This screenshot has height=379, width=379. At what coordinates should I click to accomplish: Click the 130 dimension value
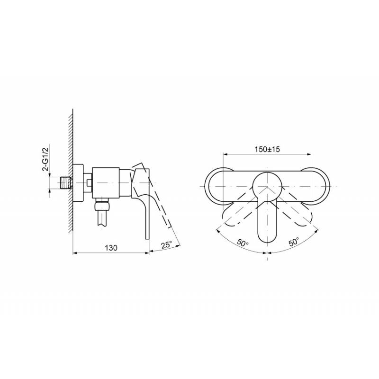111,248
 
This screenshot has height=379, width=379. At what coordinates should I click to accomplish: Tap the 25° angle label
167,245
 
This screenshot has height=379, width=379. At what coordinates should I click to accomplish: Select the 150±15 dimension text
267,149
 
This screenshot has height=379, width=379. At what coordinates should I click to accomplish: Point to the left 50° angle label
243,242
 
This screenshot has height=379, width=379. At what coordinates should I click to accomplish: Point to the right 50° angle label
294,242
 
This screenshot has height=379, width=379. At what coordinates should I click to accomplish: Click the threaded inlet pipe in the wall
66,183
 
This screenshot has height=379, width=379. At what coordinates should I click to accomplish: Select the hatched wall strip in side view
70,171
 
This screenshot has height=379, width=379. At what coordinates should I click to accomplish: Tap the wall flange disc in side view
78,182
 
